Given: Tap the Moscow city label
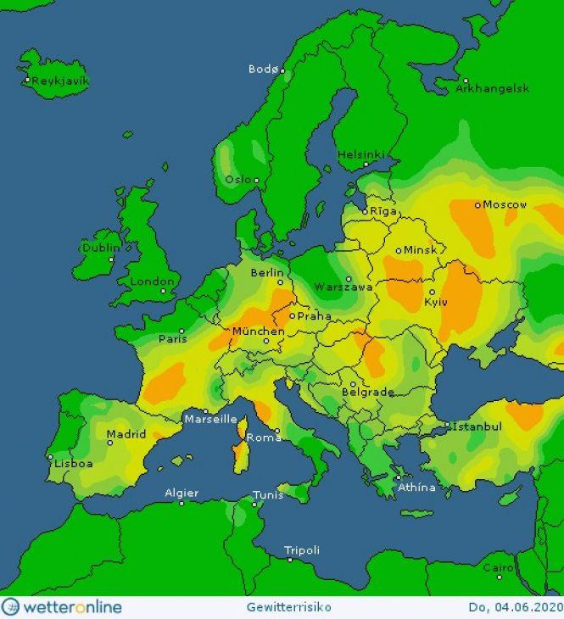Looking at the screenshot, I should tap(505, 204).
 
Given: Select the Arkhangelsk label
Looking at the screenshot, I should tap(493, 88).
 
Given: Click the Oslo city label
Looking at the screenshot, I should tap(238, 180).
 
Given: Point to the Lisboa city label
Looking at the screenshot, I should tap(75, 464).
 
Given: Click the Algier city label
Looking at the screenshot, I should tap(181, 493).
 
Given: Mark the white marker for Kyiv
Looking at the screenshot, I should tap(432, 292).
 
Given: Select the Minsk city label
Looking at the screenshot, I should tap(420, 251).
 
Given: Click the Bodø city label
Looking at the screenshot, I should tap(262, 69).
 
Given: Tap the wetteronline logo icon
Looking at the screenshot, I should tap(11, 607).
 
